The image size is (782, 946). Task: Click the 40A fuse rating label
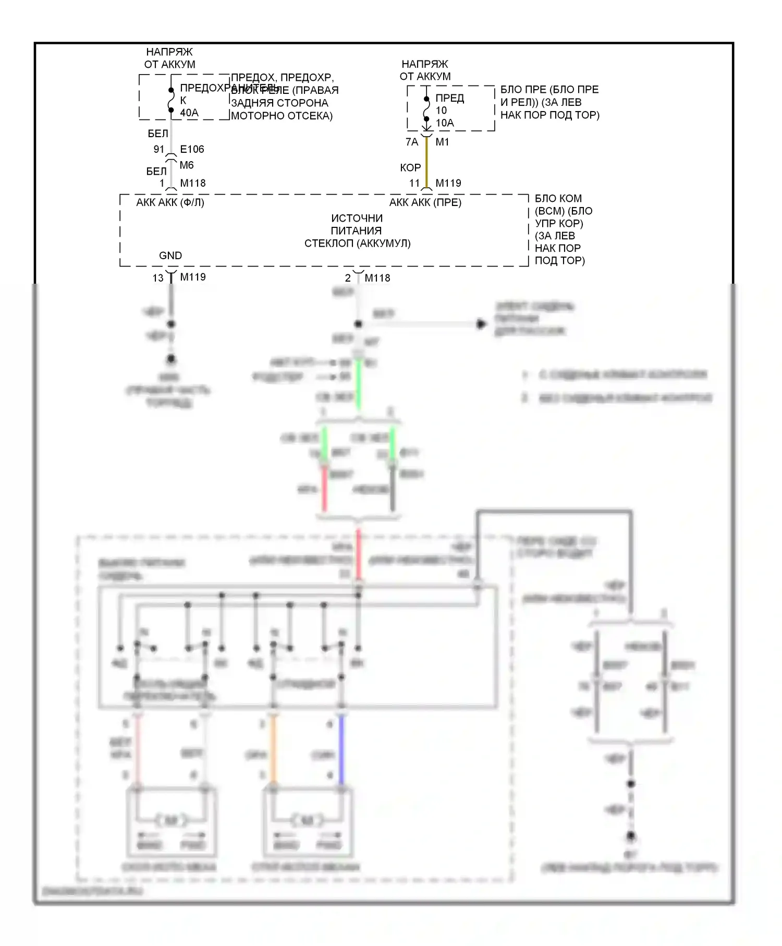(189, 113)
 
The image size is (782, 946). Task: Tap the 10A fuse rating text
(445, 123)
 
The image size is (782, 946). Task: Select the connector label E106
(192, 149)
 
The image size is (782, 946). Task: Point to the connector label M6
(187, 165)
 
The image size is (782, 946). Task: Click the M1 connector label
(442, 142)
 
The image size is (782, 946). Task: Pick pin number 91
(159, 149)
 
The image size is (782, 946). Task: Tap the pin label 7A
(412, 142)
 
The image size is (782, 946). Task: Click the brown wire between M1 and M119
(427, 162)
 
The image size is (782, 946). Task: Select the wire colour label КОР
(410, 168)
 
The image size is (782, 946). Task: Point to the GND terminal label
(170, 256)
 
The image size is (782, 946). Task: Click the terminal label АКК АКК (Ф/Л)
(170, 202)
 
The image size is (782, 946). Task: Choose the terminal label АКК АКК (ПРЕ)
(425, 202)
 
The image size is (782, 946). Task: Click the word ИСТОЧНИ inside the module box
(357, 218)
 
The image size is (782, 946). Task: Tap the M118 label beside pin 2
(377, 278)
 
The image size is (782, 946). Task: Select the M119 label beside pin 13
(193, 277)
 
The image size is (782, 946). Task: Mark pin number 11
(414, 183)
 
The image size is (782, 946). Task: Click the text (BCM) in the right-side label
(549, 211)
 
